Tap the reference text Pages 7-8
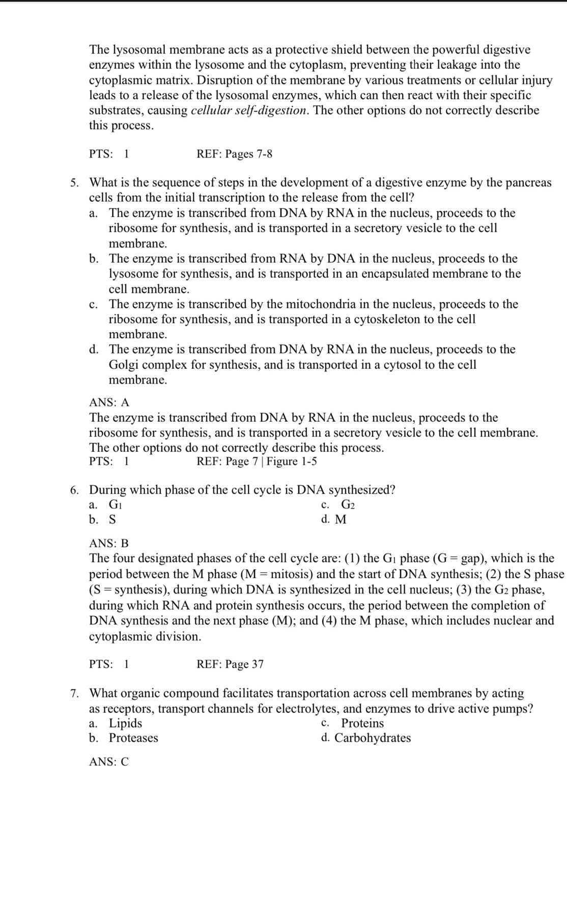(x=248, y=154)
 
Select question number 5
(x=74, y=183)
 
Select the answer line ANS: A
(x=109, y=402)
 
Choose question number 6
(x=74, y=490)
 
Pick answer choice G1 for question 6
(x=116, y=505)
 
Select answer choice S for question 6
(x=112, y=520)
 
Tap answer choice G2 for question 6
(x=348, y=505)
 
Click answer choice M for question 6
(x=341, y=520)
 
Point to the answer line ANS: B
(x=109, y=543)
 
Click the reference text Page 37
(x=244, y=664)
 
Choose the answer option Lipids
(x=126, y=723)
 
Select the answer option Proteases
(x=133, y=738)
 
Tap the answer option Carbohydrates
(x=373, y=738)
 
